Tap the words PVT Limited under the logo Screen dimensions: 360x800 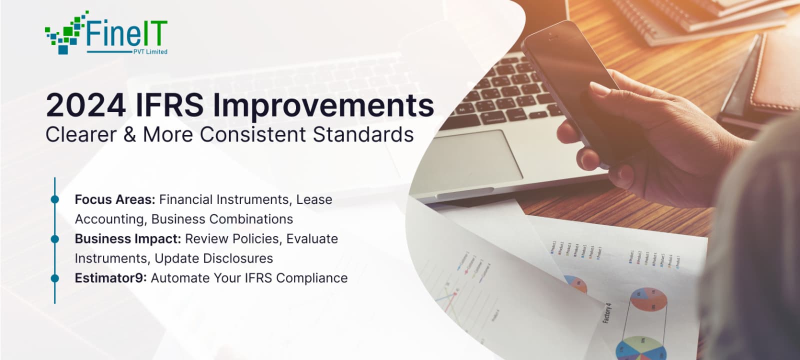150,51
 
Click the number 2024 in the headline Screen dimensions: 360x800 85,105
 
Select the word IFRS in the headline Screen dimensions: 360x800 169,105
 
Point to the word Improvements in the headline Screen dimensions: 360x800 323,105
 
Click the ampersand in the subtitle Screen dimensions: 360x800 129,135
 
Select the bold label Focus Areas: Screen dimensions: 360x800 115,199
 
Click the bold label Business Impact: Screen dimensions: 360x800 127,239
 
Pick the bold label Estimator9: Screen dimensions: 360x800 110,278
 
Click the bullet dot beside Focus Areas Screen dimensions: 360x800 55,199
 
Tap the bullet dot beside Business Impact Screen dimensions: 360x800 55,239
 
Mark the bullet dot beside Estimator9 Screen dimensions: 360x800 55,278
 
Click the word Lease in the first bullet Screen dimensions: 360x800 314,199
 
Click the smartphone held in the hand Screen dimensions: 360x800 575,85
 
